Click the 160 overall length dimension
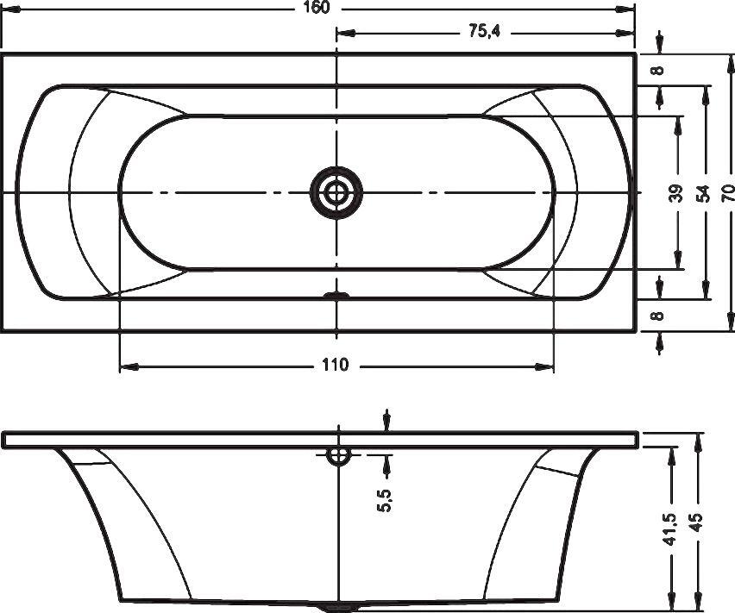pos(317,8)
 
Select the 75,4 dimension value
pos(485,31)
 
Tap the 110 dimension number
pos(336,365)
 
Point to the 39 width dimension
pos(676,193)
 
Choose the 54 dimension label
pos(703,193)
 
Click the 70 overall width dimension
pos(727,193)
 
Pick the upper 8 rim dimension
pos(658,70)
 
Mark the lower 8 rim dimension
pos(658,316)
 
